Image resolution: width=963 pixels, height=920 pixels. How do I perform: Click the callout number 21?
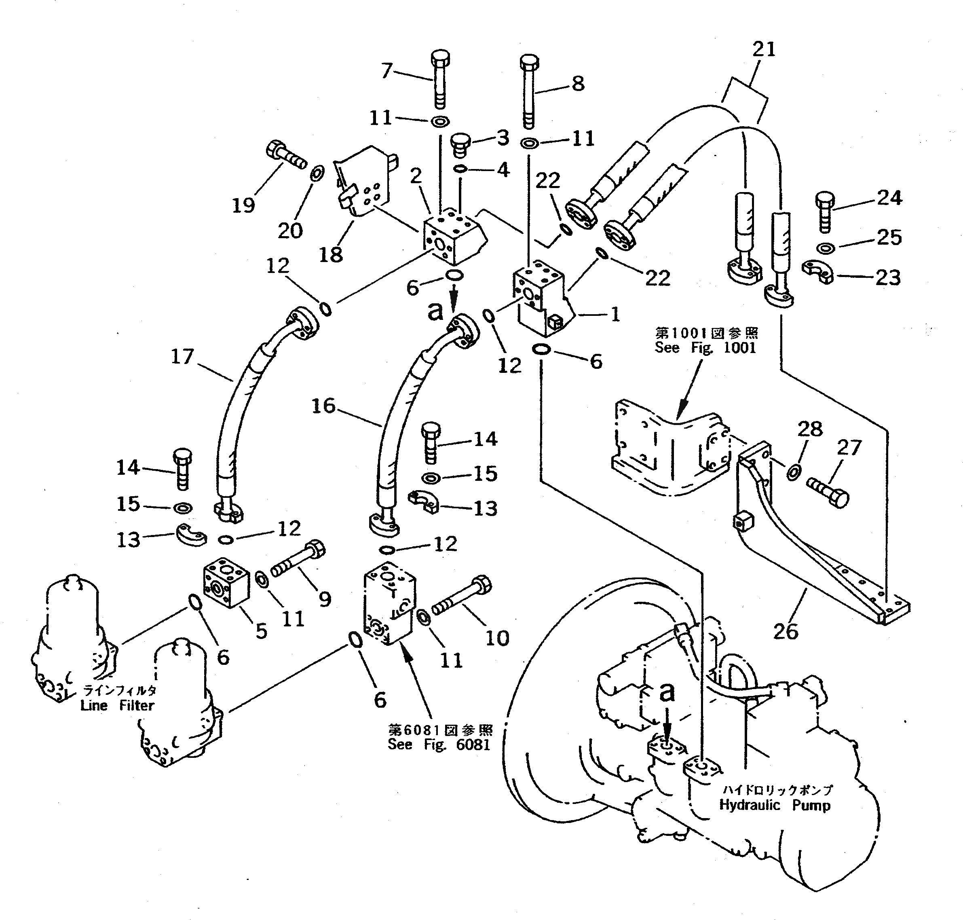click(764, 49)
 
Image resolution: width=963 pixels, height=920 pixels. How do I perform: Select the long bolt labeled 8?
click(529, 93)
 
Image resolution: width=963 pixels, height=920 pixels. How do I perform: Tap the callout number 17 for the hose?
click(182, 357)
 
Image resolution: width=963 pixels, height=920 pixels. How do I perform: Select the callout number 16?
click(323, 406)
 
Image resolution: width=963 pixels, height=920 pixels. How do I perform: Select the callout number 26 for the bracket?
click(786, 631)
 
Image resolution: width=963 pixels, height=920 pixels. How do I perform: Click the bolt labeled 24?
click(825, 211)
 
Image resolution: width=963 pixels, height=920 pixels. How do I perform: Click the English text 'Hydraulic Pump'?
click(775, 805)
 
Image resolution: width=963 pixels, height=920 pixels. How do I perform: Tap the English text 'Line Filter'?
click(117, 705)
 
